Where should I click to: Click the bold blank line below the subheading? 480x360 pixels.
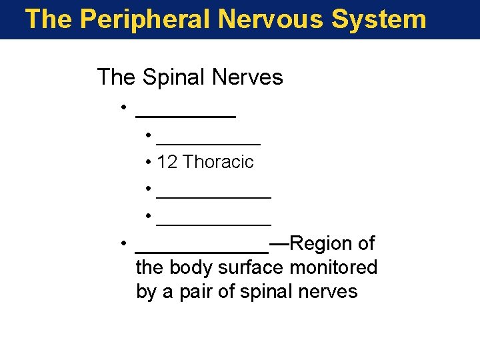pos(185,115)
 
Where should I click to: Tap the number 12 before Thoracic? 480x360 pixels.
pos(167,162)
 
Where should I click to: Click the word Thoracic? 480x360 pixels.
pos(218,162)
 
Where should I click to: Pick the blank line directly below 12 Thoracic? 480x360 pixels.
pos(213,197)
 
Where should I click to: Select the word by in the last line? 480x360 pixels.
pos(145,292)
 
